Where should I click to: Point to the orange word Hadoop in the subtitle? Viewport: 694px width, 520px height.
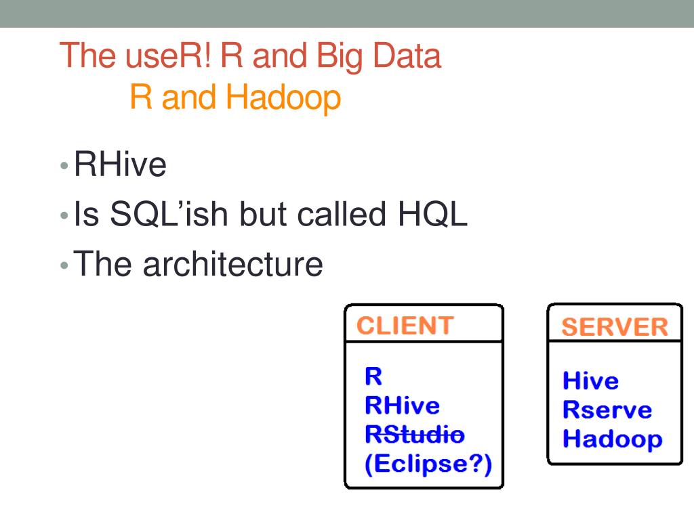click(x=283, y=98)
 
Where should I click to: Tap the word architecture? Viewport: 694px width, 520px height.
click(x=232, y=264)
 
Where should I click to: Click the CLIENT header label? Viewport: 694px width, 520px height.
click(x=405, y=326)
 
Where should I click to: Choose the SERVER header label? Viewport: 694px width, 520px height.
click(x=615, y=327)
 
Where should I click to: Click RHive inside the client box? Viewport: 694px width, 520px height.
click(x=402, y=406)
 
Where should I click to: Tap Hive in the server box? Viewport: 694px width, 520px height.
click(x=591, y=381)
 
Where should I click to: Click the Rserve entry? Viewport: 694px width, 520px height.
click(x=607, y=410)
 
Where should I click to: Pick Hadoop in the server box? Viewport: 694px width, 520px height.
click(x=613, y=439)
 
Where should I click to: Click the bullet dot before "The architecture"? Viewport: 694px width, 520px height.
click(x=64, y=265)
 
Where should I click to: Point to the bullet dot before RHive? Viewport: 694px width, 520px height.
click(x=64, y=166)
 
